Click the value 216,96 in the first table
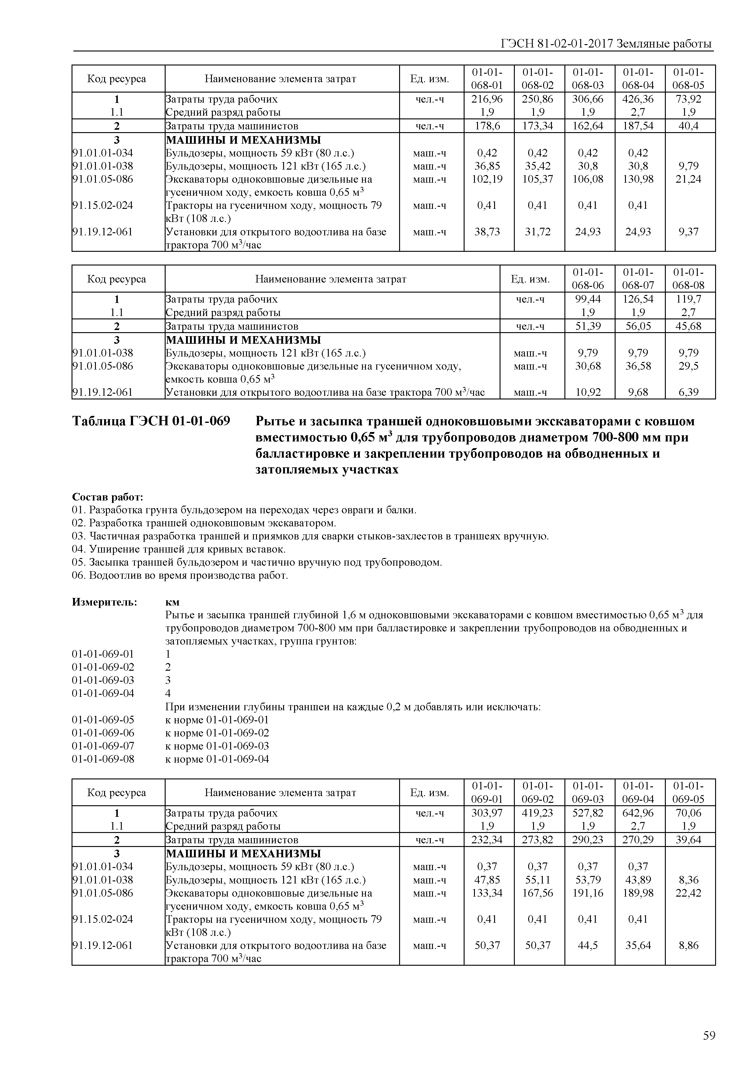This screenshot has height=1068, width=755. click(x=487, y=99)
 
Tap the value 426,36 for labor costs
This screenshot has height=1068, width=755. click(x=638, y=99)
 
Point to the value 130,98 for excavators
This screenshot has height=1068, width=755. click(x=638, y=179)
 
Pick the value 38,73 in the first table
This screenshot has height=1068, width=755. click(x=487, y=232)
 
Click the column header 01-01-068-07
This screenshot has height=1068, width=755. click(x=638, y=279)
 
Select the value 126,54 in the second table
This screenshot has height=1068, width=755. click(x=638, y=299)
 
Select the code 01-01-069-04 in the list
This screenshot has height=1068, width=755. click(x=103, y=693)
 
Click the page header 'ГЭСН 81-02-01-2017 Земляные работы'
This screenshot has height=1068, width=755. click(x=606, y=44)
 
